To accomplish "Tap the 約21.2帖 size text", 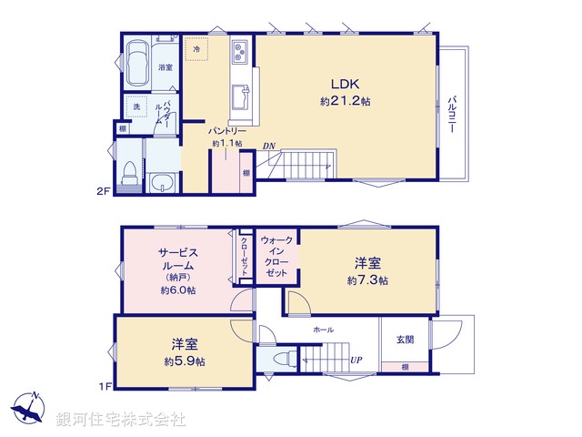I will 344,101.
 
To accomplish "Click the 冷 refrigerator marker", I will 196,46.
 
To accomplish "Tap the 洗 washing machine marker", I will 135,106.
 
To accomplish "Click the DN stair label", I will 269,146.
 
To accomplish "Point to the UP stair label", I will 357,361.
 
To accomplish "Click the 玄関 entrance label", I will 405,340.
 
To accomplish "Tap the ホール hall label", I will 323,329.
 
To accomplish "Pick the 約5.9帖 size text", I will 184,361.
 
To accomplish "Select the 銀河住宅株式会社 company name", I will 121,420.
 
